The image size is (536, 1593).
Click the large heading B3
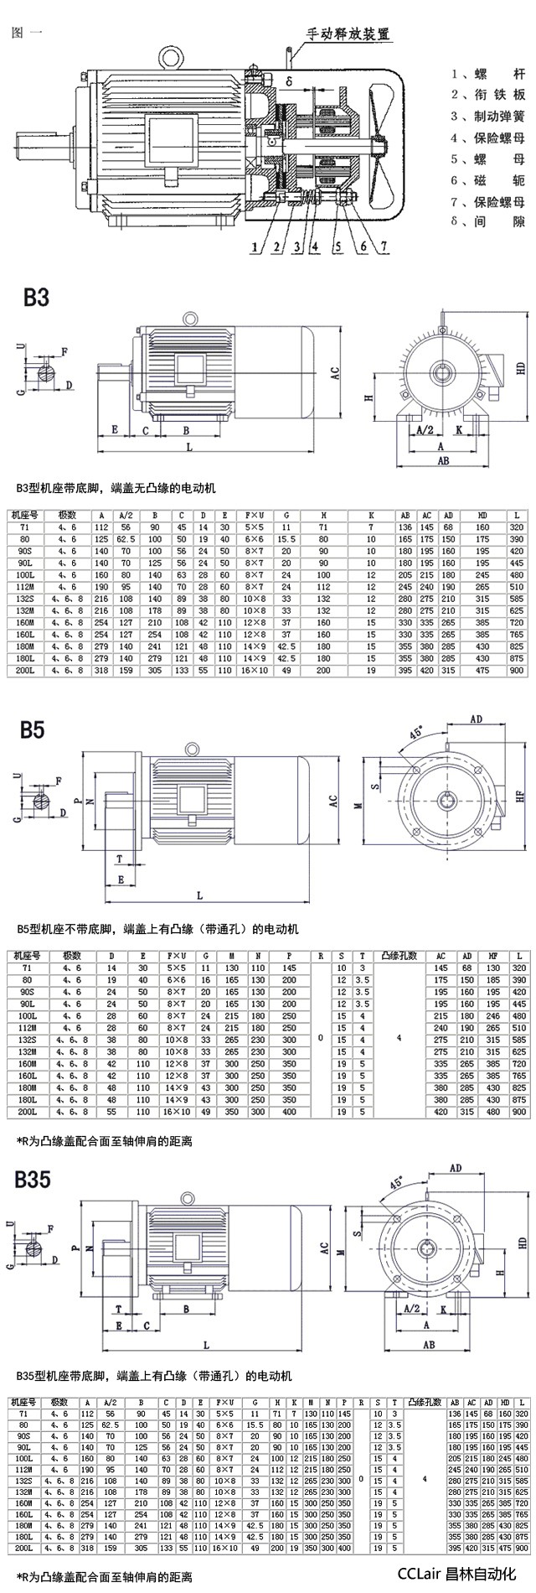point(36,297)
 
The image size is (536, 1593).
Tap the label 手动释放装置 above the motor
point(348,35)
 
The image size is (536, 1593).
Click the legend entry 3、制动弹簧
point(488,116)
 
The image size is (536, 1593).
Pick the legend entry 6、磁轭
point(488,180)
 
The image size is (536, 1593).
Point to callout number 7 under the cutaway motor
point(384,246)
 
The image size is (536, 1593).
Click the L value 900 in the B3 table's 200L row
point(516,671)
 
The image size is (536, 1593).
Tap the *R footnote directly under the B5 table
point(105,1140)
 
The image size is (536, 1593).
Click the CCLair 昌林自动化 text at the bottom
point(456,1574)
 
